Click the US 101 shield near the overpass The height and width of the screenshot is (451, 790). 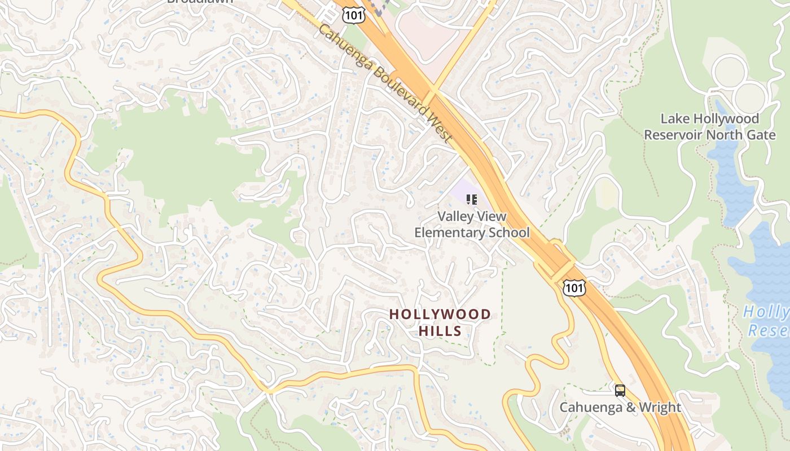click(x=574, y=288)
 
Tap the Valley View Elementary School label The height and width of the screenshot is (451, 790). click(x=472, y=224)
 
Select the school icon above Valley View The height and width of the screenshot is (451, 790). click(x=472, y=199)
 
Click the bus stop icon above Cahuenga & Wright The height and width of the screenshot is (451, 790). click(x=620, y=390)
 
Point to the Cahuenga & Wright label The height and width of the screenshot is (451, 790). click(x=620, y=407)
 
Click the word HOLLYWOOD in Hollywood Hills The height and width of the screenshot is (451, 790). click(x=440, y=315)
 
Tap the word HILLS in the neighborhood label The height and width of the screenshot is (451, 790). click(x=440, y=331)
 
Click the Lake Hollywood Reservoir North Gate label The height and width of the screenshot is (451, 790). click(x=710, y=127)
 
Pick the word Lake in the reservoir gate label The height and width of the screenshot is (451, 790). click(x=673, y=119)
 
